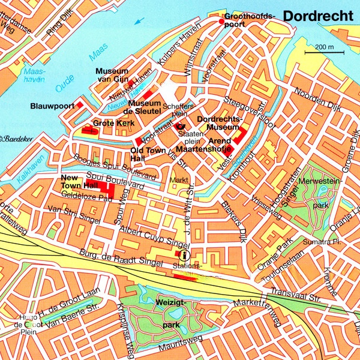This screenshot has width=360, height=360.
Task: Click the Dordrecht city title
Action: pyautogui.click(x=317, y=16)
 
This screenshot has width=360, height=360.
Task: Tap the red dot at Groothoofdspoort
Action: pyautogui.click(x=221, y=22)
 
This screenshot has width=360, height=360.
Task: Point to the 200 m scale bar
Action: pyautogui.click(x=323, y=52)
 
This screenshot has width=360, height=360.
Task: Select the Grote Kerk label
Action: pyautogui.click(x=113, y=123)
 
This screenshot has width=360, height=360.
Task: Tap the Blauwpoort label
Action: pyautogui.click(x=52, y=106)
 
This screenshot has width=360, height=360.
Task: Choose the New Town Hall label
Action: pyautogui.click(x=75, y=182)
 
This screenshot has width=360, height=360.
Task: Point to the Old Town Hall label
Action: pyautogui.click(x=146, y=154)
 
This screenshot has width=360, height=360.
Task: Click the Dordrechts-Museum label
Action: pyautogui.click(x=218, y=123)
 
